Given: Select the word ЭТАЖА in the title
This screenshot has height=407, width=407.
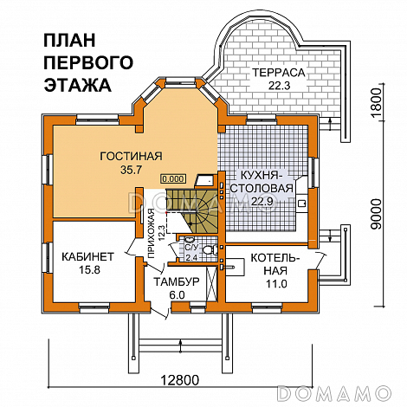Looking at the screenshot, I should [x=77, y=85].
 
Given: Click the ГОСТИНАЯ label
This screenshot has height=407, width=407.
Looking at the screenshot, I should [x=131, y=156].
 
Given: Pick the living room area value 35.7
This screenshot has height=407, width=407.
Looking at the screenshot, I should [x=131, y=171].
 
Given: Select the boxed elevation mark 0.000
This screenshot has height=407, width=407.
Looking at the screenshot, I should [x=173, y=178].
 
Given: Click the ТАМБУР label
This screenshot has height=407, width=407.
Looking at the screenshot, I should [x=178, y=282].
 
